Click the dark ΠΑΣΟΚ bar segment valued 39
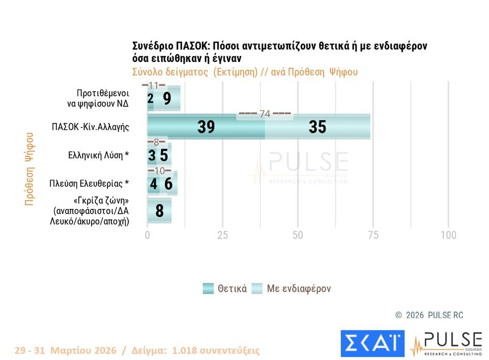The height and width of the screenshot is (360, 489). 206,127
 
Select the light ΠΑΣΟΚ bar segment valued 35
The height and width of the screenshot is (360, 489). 317,127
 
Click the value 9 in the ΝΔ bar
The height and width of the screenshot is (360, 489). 167,99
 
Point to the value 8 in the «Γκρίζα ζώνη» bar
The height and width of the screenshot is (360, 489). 159,211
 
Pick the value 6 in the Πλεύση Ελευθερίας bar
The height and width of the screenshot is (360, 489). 168,184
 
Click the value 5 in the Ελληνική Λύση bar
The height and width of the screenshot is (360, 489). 164,155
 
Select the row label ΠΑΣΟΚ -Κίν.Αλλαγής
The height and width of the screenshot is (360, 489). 91,127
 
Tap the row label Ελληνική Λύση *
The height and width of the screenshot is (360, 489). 99,155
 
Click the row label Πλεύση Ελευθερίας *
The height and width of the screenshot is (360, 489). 89,184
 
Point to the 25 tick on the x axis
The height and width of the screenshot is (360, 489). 223,235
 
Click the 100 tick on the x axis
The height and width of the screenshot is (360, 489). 448,235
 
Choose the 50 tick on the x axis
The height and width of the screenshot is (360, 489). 298,235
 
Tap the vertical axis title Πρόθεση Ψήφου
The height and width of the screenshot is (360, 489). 29,169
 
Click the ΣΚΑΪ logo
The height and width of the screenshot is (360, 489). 372,343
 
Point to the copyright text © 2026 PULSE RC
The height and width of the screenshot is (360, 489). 429,315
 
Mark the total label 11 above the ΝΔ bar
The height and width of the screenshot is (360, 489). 154,85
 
